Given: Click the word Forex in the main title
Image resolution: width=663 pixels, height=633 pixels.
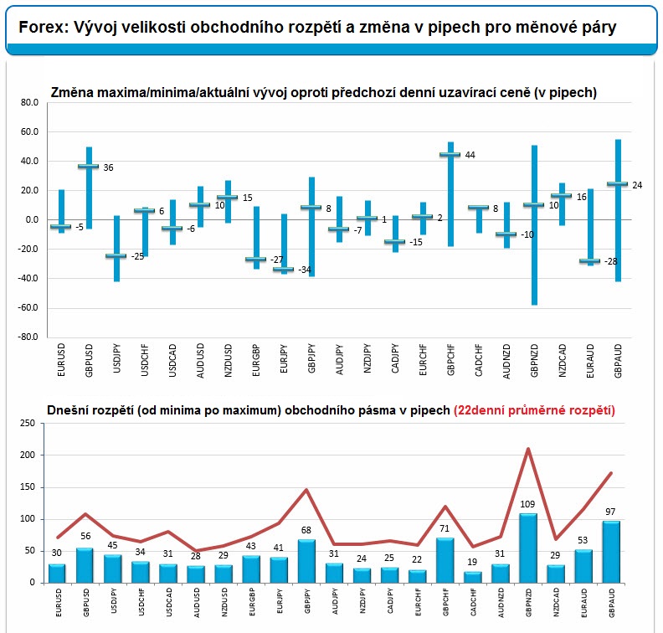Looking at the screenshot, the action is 44,28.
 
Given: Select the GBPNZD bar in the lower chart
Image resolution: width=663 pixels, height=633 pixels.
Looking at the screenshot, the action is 528,548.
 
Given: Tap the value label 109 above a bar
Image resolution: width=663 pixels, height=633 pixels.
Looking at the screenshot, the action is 527,504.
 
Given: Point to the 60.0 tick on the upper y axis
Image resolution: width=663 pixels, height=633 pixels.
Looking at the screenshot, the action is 29,132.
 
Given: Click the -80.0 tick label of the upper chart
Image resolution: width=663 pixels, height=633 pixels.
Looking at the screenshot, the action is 28,337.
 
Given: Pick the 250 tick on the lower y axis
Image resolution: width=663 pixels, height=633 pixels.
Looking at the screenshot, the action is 28,424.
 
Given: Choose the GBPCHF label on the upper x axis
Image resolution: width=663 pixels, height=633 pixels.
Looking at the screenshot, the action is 450,360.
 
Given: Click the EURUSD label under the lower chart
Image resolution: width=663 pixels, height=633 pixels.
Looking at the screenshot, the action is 59,602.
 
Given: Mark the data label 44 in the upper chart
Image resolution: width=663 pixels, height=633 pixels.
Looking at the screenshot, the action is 470,155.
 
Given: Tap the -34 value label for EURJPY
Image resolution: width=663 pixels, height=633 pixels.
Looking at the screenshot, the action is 305,270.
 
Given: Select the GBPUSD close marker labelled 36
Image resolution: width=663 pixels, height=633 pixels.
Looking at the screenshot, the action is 89,166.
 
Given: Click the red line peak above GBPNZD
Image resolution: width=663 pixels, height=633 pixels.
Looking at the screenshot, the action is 528,449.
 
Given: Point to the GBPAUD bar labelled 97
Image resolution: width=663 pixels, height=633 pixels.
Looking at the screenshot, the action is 611,552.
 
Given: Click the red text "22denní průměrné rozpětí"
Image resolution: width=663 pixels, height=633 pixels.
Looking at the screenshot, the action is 534,410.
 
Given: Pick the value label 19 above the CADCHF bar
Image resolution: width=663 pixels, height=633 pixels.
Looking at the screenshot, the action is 472,562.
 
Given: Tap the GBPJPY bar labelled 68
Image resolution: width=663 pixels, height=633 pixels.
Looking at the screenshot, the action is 306,561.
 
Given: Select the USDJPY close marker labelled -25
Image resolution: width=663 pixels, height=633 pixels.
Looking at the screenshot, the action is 116,256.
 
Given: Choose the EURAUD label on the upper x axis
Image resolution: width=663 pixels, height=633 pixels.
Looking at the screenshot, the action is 590,361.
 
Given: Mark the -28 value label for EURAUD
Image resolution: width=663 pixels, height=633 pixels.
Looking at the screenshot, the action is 610,261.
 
